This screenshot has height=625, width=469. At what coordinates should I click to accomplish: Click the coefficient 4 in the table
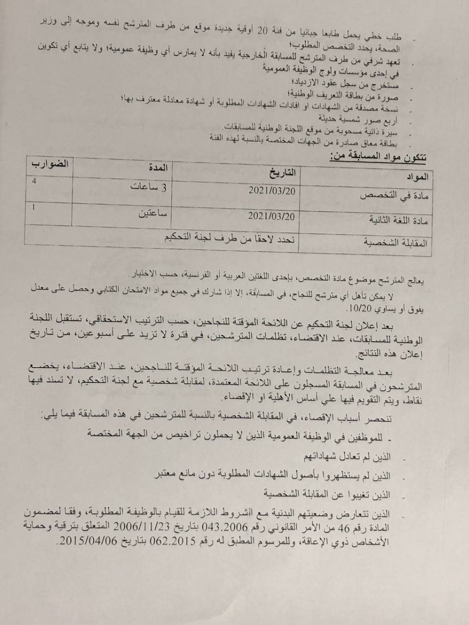[x=34, y=182]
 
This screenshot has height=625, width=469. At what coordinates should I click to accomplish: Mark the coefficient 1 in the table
[x=34, y=208]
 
